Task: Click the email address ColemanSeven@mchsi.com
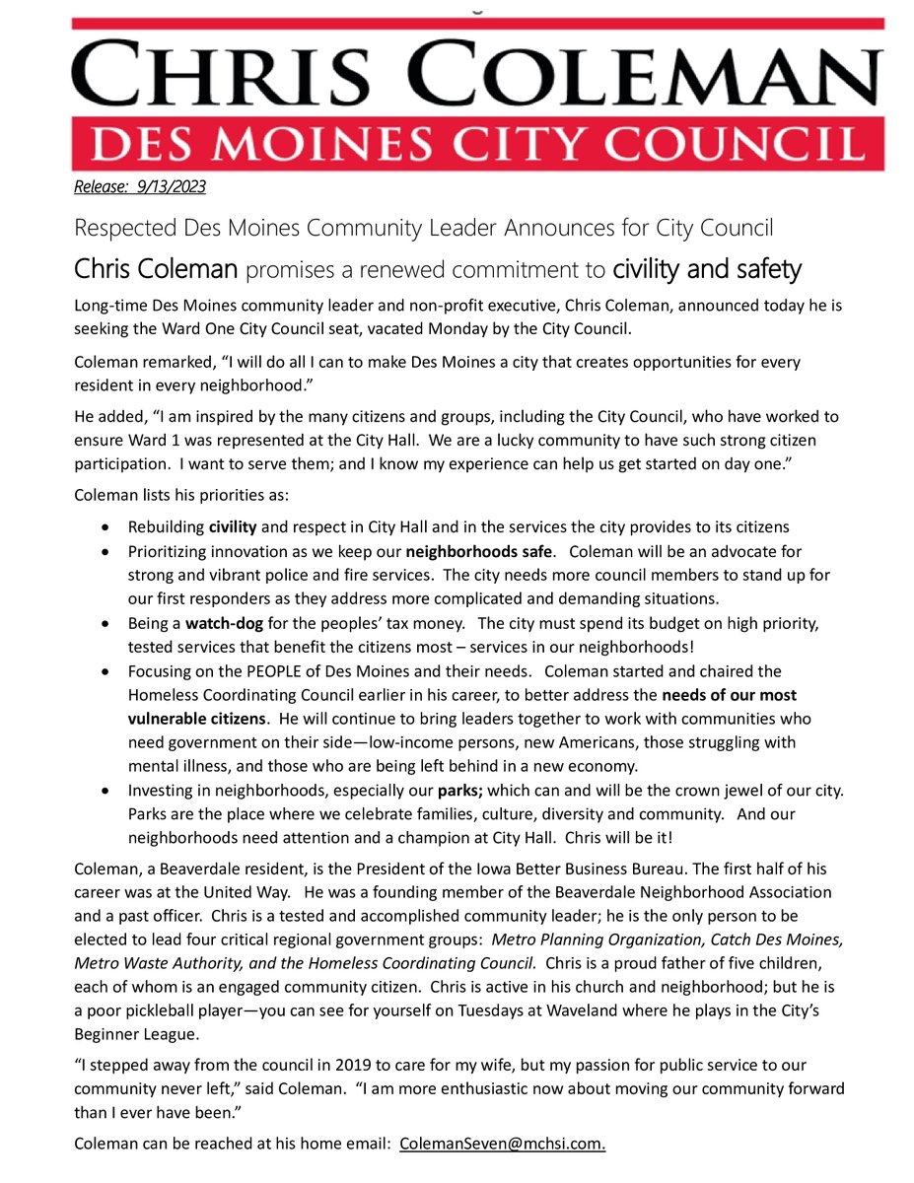[x=503, y=1144]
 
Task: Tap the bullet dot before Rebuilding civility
[x=105, y=527]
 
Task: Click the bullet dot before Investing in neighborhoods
[x=105, y=791]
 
